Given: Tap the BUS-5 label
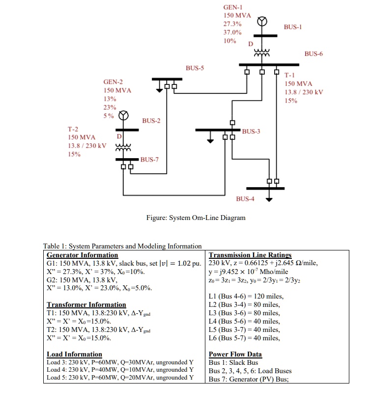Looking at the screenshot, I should point(194,68).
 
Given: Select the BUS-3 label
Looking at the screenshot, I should point(251,131).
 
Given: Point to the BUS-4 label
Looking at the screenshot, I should point(245,199).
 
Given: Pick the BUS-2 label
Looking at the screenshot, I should point(151,120).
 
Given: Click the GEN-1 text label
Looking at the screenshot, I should point(233,7).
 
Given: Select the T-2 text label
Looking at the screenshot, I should point(73,129).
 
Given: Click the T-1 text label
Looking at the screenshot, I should point(290,75).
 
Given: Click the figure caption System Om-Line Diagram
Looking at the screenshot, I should point(196,218).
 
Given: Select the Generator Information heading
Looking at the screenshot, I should point(82,255).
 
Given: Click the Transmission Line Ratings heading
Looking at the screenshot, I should point(250,255).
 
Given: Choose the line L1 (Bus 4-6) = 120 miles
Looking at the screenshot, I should point(246,296).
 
